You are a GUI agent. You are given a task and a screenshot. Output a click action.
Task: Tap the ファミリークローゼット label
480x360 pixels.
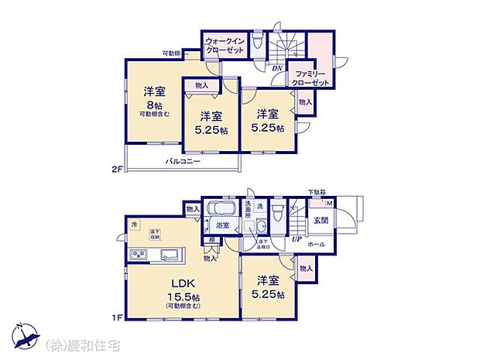(312, 77)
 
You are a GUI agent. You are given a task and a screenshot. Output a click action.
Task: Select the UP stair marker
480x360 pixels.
(297, 238)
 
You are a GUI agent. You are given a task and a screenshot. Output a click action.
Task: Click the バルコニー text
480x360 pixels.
(183, 162)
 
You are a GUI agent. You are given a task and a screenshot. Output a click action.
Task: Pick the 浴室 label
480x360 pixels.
(221, 226)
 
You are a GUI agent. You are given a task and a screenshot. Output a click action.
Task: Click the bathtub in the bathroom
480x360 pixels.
(221, 210)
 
